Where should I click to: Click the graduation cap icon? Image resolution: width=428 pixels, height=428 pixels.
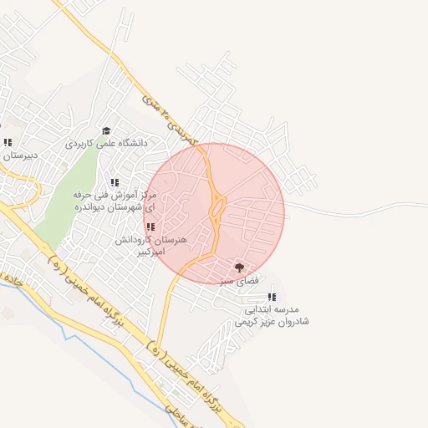pyautogui.click(x=106, y=131)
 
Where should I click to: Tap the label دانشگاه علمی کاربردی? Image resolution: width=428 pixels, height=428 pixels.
pyautogui.click(x=106, y=143)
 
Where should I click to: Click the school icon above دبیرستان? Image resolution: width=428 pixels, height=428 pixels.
pyautogui.click(x=8, y=143)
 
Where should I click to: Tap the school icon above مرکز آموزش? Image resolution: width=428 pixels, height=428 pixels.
pyautogui.click(x=115, y=182)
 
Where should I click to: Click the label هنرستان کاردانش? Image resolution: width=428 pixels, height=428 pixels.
pyautogui.click(x=151, y=239)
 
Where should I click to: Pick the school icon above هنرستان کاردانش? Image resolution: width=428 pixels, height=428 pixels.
pyautogui.click(x=150, y=227)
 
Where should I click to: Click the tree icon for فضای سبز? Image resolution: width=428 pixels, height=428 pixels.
pyautogui.click(x=240, y=267)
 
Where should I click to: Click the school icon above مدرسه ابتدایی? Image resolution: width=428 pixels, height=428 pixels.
pyautogui.click(x=272, y=297)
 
